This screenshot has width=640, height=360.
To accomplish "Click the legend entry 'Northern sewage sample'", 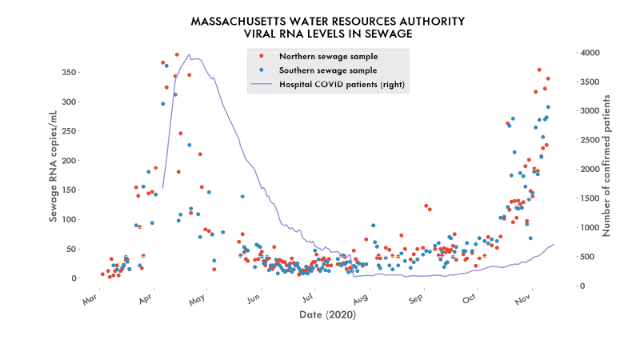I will coord(328,57).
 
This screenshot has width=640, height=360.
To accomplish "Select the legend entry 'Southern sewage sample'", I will coord(328,70).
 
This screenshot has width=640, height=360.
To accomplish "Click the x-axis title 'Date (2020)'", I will coord(328,315).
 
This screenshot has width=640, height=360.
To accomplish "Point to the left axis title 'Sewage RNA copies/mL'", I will coord(54,165).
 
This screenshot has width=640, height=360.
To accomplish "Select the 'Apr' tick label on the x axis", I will coord(145,300).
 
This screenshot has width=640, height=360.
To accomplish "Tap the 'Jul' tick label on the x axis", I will coord(306,300).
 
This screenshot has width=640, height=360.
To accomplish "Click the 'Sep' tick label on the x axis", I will coord(415,300).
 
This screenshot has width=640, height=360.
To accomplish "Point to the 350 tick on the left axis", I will coord(68,73).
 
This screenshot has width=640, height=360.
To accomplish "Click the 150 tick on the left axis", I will coord(68,190).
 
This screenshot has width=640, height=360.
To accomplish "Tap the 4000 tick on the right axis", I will coord(590,53).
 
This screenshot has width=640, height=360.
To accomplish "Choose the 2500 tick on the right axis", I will coord(590,140).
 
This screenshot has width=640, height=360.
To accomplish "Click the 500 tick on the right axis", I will coord(587,257).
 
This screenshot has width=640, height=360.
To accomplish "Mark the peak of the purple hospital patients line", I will coord(189,54).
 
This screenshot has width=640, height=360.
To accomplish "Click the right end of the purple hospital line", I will coord(554,244).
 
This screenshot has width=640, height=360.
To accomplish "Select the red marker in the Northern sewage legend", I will coord(262,57).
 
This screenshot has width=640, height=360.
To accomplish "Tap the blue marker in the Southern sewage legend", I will coord(262,70).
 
